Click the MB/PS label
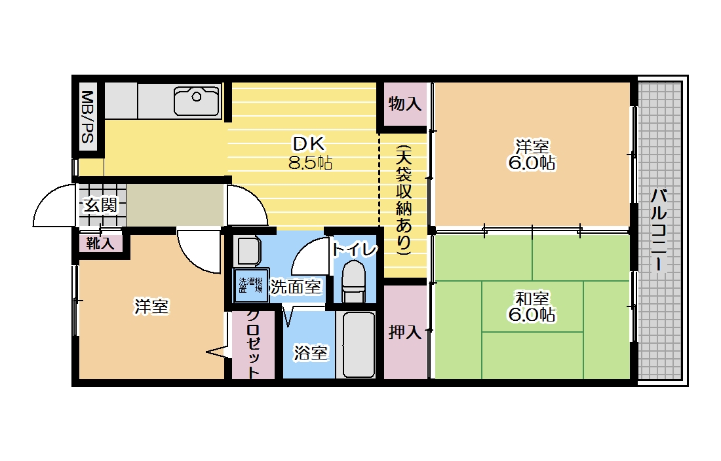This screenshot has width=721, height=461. click(x=87, y=117)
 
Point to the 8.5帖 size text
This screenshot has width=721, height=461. click(x=310, y=162)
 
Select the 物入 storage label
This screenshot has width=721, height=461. click(x=404, y=103)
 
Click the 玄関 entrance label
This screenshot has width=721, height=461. click(x=100, y=205)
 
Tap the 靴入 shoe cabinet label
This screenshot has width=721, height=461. click(x=100, y=244)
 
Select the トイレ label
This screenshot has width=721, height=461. click(x=354, y=249)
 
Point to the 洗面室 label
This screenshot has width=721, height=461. click(x=296, y=286)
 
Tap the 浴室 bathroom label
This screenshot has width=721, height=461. click(x=310, y=353)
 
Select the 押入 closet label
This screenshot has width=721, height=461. click(x=404, y=332)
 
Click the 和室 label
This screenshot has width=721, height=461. click(x=532, y=299)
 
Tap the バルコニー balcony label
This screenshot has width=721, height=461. click(x=660, y=230)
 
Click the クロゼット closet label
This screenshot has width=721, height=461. click(x=252, y=344)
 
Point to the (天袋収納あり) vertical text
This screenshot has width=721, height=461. click(x=403, y=199)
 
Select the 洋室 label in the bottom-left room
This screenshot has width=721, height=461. click(x=151, y=306)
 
